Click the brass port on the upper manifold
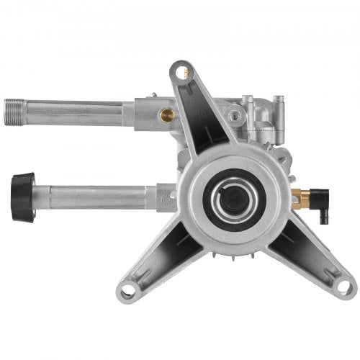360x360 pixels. click(168, 114)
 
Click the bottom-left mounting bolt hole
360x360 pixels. click(128, 292)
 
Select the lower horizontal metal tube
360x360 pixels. click(94, 196)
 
